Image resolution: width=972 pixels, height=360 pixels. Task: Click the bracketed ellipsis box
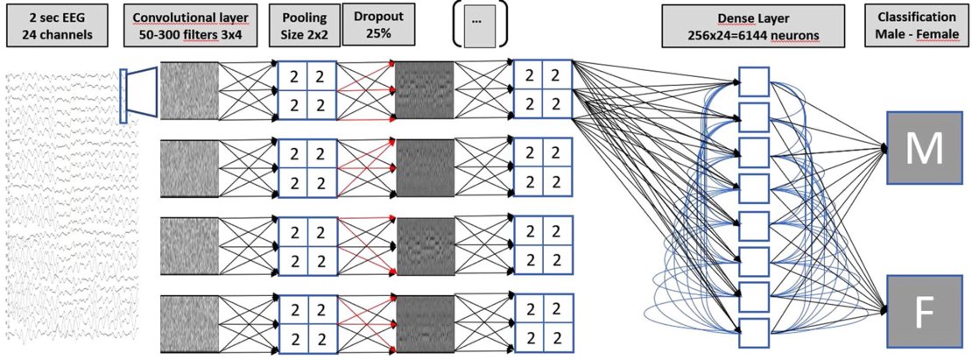(477, 26)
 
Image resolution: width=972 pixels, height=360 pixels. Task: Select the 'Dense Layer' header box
(753, 26)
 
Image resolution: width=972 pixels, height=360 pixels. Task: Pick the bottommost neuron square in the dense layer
(753, 332)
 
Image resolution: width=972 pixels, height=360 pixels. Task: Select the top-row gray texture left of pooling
(189, 90)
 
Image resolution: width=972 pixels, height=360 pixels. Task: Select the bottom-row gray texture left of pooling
(189, 323)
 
